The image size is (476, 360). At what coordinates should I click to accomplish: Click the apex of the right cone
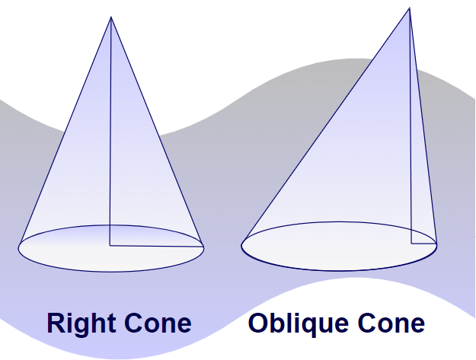(111, 17)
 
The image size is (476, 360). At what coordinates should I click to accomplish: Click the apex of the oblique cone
(409, 8)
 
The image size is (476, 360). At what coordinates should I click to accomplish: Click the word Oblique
(297, 323)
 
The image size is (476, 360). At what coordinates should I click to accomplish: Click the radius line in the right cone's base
(157, 246)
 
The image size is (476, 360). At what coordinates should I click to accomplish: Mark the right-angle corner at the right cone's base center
(110, 246)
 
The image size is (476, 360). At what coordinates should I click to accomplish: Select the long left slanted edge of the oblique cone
(326, 125)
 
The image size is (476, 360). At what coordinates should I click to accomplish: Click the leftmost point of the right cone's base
(19, 247)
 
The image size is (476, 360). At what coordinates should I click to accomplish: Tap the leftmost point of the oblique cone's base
(242, 245)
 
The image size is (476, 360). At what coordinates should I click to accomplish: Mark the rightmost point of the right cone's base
(203, 247)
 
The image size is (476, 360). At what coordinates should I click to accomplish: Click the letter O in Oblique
(259, 323)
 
